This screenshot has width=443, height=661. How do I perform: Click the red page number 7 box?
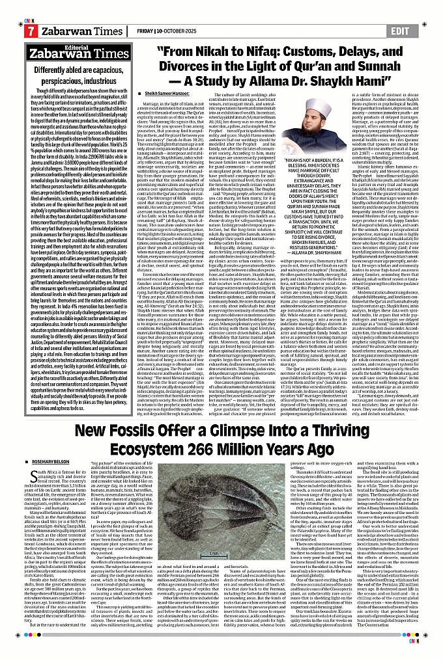tap(30, 31)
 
